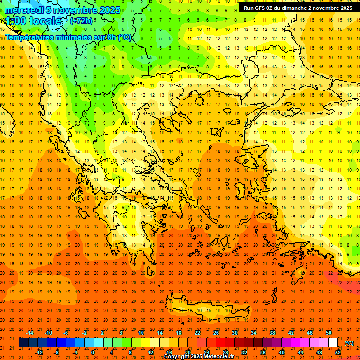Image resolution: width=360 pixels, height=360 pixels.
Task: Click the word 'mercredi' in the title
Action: pyautogui.click(x=24, y=10)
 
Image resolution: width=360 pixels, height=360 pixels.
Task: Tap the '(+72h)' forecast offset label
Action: pyautogui.click(x=81, y=21)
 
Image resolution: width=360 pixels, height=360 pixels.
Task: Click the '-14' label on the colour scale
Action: pyautogui.click(x=30, y=333)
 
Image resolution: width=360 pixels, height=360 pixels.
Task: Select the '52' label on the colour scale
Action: pyautogui.click(x=338, y=352)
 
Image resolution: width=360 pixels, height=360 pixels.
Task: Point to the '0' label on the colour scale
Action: pyautogui.click(x=93, y=352)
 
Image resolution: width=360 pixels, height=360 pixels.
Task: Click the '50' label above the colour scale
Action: pyautogui.click(x=329, y=333)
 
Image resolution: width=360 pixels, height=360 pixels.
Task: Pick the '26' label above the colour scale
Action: pyautogui.click(x=216, y=333)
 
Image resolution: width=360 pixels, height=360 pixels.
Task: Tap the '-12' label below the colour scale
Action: pyautogui.click(x=39, y=352)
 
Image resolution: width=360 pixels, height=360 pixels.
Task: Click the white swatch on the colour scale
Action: pyautogui.click(x=333, y=343)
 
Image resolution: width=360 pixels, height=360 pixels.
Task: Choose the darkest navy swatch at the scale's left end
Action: pyautogui.click(x=23, y=343)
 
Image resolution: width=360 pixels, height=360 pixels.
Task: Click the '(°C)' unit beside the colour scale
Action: pyautogui.click(x=349, y=343)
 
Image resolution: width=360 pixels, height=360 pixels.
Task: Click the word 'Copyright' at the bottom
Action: pyautogui.click(x=177, y=357)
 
